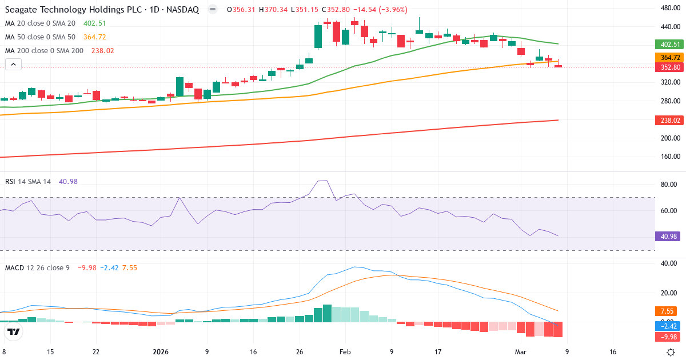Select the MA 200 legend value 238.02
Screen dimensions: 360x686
click(103, 50)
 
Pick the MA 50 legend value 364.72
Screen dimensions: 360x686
click(94, 37)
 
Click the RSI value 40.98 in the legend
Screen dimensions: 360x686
click(68, 182)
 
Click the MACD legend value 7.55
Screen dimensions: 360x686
click(129, 267)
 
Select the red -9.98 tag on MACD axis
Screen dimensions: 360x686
click(666, 337)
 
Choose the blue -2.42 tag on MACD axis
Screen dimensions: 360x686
click(666, 326)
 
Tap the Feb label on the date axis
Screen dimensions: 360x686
click(345, 352)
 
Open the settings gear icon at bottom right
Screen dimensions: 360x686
click(672, 352)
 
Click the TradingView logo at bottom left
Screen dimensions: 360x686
click(14, 332)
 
